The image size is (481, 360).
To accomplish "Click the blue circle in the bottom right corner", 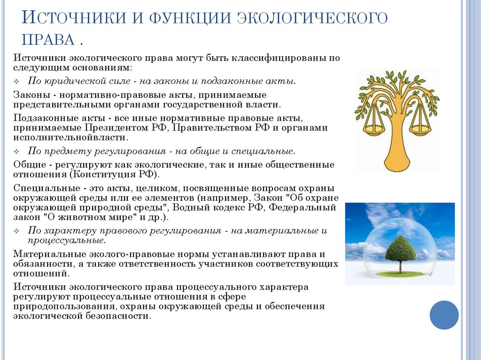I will [444, 315].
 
